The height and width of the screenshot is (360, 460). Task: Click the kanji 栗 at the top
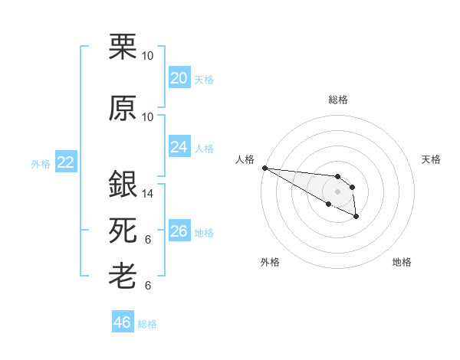[x=123, y=47]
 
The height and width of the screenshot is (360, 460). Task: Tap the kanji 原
[x=123, y=108]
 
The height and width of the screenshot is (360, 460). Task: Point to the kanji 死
[x=123, y=231]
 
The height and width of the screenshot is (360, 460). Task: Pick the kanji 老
[x=123, y=277]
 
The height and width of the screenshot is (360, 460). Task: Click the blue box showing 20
[x=179, y=77]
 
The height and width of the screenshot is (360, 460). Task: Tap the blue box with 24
[x=179, y=146]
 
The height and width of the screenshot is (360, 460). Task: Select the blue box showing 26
[x=179, y=231]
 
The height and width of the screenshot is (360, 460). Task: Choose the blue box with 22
[x=65, y=162]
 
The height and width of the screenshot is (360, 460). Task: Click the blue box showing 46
[x=122, y=322]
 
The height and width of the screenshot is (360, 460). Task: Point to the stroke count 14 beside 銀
[x=148, y=194]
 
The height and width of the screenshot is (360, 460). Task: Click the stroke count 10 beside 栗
[x=148, y=56]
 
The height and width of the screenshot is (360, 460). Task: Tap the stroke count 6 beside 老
[x=148, y=286]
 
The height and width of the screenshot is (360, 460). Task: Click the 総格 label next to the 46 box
[x=147, y=324]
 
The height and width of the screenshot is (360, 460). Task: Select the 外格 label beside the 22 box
[x=41, y=163]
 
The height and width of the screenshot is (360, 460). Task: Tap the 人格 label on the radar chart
[x=245, y=159]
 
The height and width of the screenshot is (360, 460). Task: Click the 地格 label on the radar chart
[x=402, y=262]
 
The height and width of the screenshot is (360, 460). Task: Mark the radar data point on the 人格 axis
[x=264, y=168]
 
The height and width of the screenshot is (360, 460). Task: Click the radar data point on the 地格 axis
[x=356, y=218]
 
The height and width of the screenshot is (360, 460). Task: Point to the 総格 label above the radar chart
[x=338, y=100]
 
